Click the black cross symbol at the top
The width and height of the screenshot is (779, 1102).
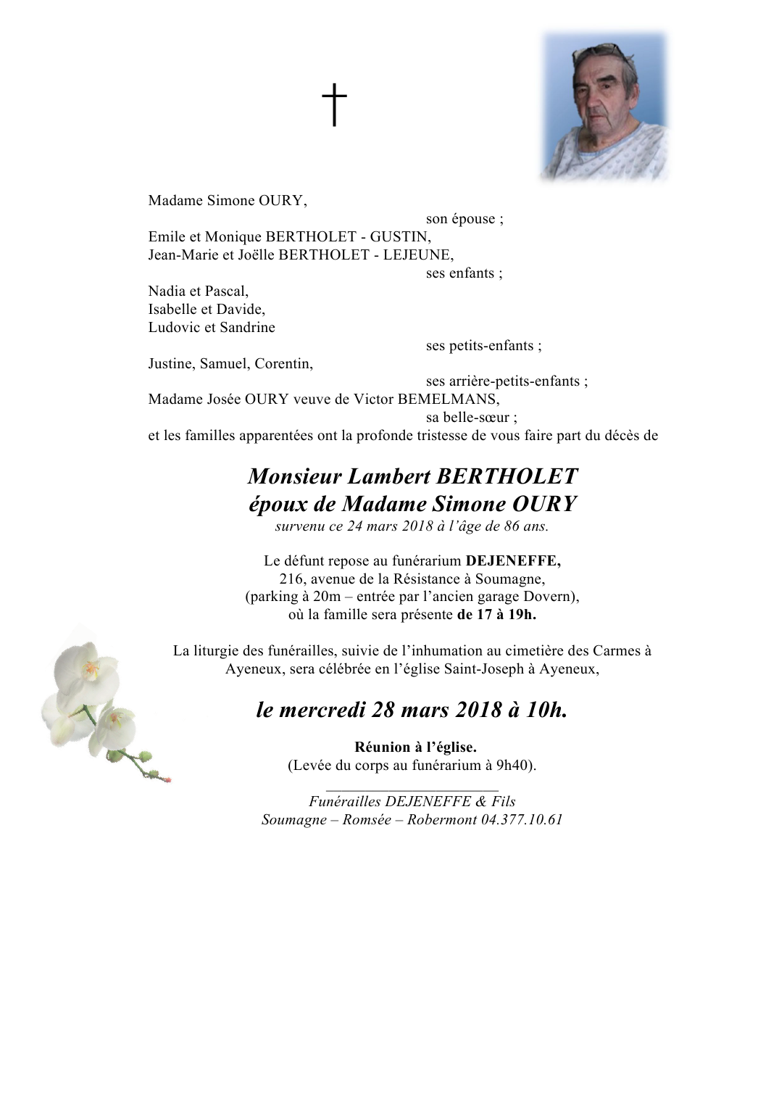[x=334, y=104]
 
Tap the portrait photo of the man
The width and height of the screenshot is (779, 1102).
[x=604, y=106]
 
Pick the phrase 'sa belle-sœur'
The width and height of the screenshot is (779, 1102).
[x=471, y=418]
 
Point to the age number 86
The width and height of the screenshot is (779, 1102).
[x=512, y=526]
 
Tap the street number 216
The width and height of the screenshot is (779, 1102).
[x=291, y=579]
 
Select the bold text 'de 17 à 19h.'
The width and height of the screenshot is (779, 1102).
[x=496, y=616]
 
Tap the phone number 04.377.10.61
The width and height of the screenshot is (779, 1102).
[x=522, y=820]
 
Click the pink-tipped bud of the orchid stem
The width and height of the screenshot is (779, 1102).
[x=167, y=779]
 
